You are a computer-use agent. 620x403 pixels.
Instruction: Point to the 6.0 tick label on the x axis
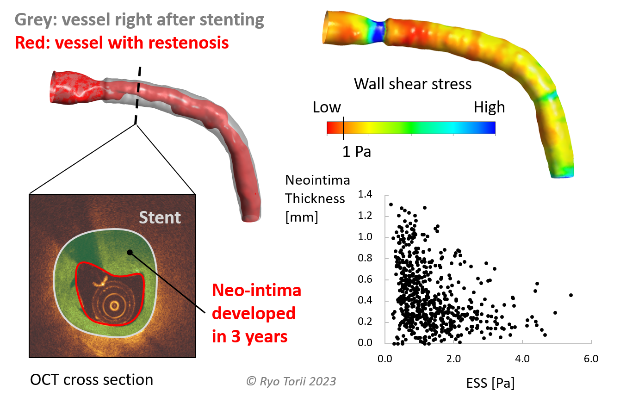(x=591, y=359)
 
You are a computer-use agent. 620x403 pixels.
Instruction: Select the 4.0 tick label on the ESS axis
(x=522, y=359)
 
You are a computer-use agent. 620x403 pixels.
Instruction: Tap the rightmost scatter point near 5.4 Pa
(x=571, y=295)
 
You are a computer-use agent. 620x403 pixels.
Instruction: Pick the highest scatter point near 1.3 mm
(x=391, y=205)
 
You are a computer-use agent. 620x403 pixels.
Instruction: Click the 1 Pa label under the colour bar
(x=356, y=152)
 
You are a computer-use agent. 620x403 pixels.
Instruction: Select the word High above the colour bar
(x=489, y=108)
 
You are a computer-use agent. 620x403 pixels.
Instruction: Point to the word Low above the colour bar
(x=327, y=108)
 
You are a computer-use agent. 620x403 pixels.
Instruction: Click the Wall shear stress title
(x=413, y=84)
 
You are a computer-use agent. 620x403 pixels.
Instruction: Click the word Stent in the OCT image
(x=160, y=217)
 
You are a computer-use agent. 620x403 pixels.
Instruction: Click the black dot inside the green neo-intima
(x=130, y=252)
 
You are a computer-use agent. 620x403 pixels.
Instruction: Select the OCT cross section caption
(x=91, y=380)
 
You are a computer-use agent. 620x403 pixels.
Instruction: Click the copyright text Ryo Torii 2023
(x=291, y=381)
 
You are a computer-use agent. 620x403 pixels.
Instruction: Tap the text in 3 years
(x=250, y=336)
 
